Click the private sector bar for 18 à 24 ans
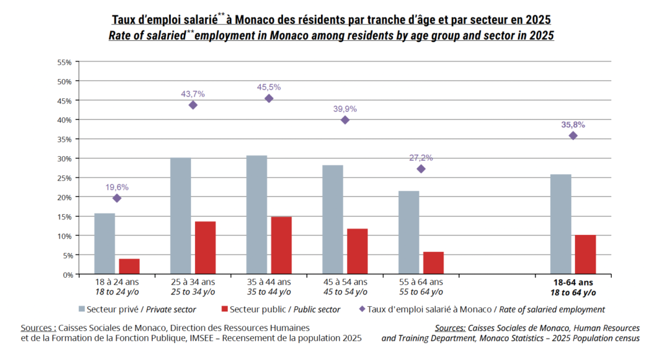click(x=104, y=243)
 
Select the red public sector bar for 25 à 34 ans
click(x=205, y=248)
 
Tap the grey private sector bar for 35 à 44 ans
click(x=256, y=215)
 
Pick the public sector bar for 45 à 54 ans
click(x=357, y=251)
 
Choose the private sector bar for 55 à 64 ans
click(x=409, y=232)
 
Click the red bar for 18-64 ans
click(x=585, y=254)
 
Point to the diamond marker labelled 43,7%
click(x=193, y=105)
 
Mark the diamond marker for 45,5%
click(x=269, y=98)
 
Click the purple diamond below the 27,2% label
click(x=421, y=169)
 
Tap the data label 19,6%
click(x=117, y=187)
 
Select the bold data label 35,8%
click(x=574, y=125)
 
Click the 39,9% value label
click(x=345, y=109)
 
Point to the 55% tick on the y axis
click(x=65, y=62)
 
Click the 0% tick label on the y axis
click(x=68, y=275)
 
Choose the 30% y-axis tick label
click(x=65, y=159)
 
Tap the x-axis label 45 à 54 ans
click(x=345, y=282)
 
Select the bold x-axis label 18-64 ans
click(x=574, y=282)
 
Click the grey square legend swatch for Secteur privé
click(x=82, y=309)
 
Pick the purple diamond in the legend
click(x=362, y=309)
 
